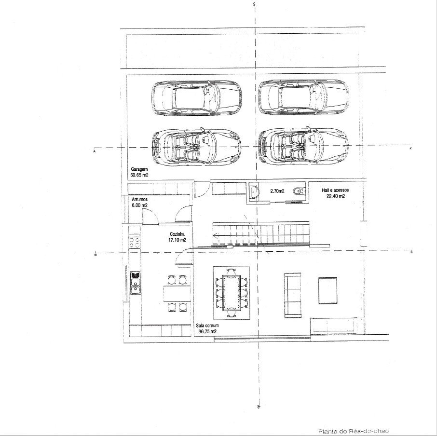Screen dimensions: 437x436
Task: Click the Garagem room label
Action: [x=139, y=169]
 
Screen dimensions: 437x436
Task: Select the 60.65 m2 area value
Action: [x=139, y=175]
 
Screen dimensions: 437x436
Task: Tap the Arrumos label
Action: [x=139, y=200]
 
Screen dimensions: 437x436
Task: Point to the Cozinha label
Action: [x=177, y=234]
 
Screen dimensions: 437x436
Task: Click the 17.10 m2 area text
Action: [x=177, y=240]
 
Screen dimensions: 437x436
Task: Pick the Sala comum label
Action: [x=207, y=326]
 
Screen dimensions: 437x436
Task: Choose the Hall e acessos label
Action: [x=335, y=191]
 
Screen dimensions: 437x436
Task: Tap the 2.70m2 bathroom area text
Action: [x=277, y=191]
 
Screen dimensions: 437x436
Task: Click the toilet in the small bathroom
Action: [x=300, y=191]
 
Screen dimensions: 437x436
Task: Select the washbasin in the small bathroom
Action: [x=254, y=191]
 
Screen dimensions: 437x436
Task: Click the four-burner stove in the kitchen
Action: [x=135, y=243]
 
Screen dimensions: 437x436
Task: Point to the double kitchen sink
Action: [x=136, y=283]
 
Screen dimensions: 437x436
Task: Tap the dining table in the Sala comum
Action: [x=232, y=293]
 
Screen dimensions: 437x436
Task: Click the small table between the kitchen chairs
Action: [x=177, y=293]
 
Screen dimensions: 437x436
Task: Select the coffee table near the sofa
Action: [x=328, y=290]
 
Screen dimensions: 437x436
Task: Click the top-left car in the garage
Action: [x=197, y=98]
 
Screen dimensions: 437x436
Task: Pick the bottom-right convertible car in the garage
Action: [x=303, y=146]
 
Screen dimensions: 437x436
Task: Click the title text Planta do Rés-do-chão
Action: [x=354, y=431]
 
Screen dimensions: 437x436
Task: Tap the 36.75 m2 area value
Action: [x=207, y=331]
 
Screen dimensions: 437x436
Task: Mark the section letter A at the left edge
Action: [x=95, y=151]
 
